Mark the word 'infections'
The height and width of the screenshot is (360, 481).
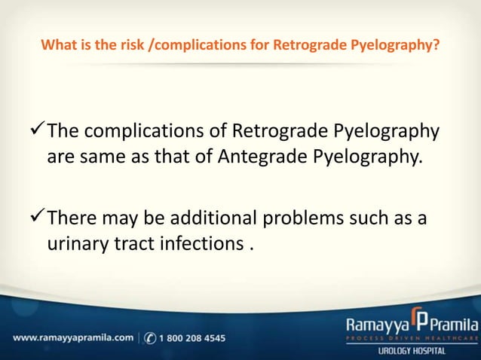(x=203, y=245)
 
